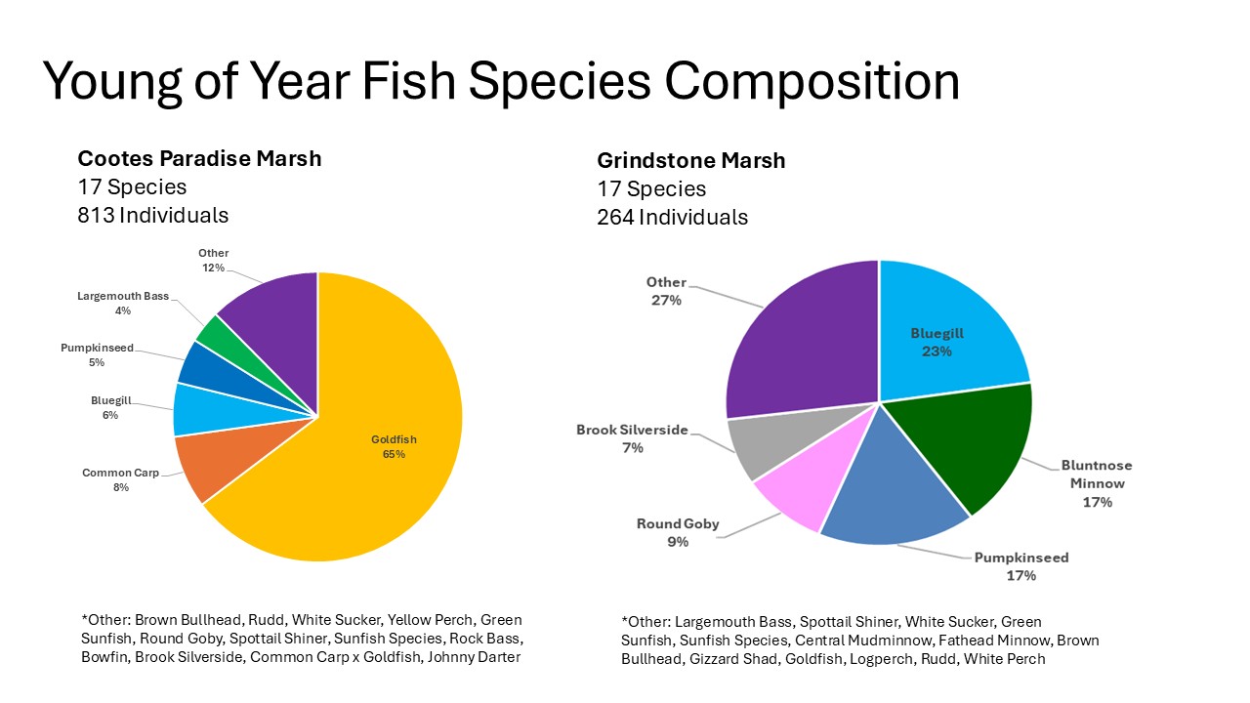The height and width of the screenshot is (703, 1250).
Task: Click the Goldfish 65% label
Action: tap(394, 447)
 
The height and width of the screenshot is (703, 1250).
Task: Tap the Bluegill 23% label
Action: tap(937, 343)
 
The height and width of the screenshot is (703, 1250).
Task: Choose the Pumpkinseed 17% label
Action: tap(1021, 566)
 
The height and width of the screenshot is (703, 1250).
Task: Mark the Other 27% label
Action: tap(666, 291)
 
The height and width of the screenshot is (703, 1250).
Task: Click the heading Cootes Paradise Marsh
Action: tap(199, 158)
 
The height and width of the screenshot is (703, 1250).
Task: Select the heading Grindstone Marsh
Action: tap(690, 161)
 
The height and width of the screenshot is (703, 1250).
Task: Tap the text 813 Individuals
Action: tap(152, 215)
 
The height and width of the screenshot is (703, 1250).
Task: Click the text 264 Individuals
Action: tap(672, 217)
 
